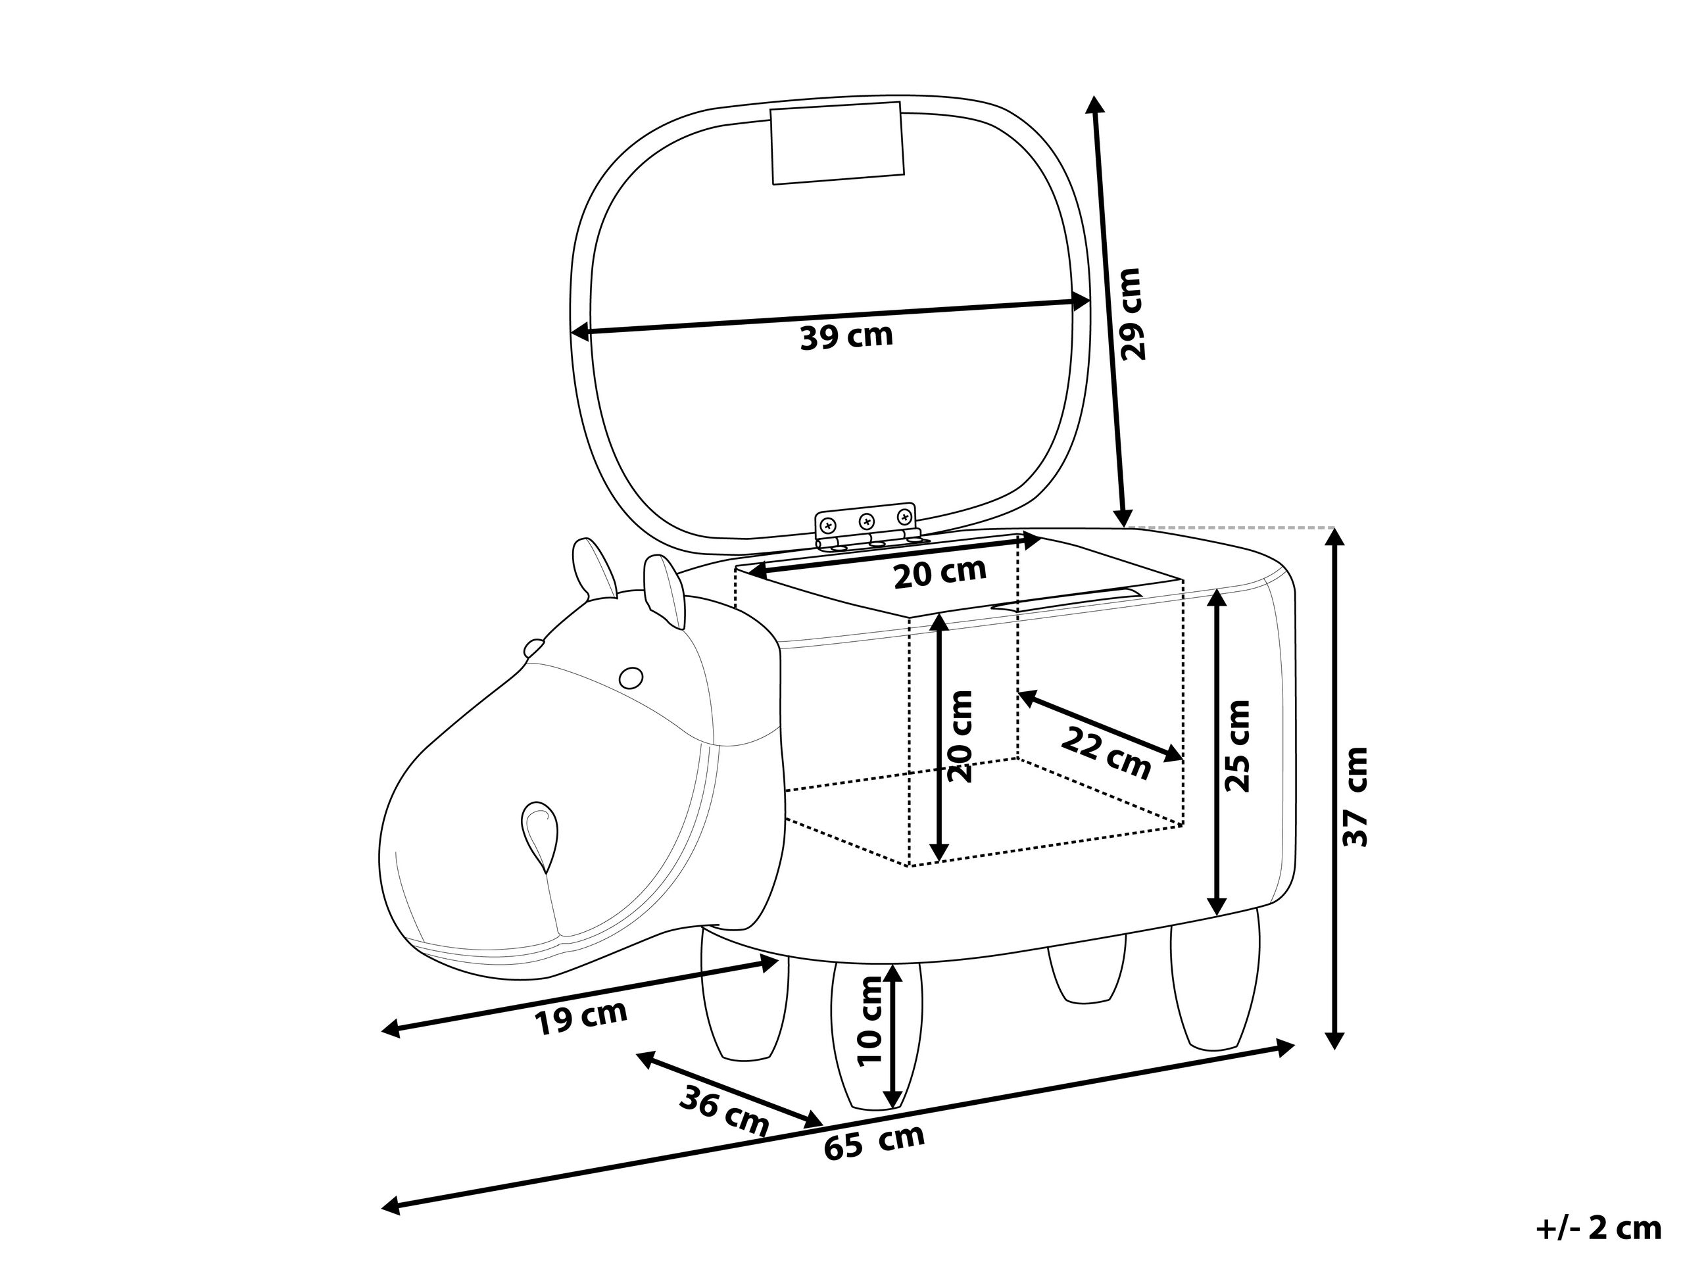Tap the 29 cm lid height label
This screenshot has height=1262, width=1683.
[1131, 314]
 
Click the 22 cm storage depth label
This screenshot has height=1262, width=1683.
[1106, 753]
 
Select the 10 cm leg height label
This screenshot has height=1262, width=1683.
[869, 1021]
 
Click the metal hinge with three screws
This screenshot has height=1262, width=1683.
[867, 525]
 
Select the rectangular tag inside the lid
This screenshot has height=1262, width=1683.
[838, 143]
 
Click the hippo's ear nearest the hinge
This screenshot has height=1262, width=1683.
[665, 592]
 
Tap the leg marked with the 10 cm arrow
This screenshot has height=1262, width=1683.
[877, 1035]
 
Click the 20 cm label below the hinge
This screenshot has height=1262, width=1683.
[940, 573]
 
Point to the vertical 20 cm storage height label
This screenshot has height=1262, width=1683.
[960, 737]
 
